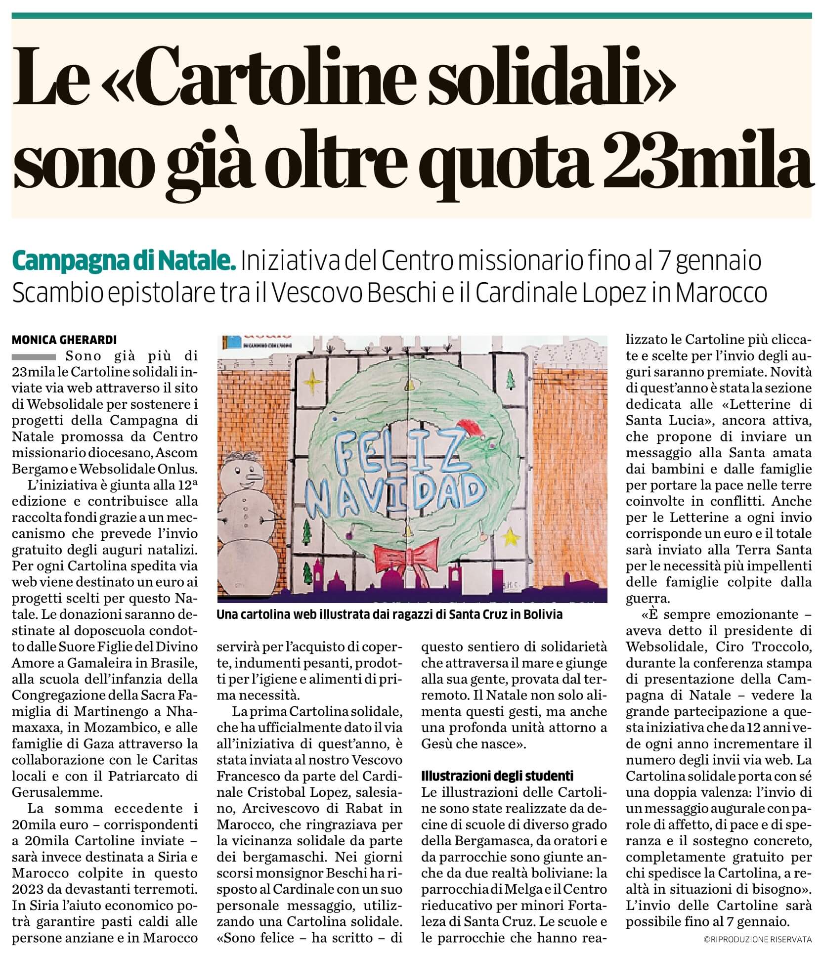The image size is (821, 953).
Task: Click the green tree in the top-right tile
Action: (511, 380)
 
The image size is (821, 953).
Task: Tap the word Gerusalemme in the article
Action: (56, 791)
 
